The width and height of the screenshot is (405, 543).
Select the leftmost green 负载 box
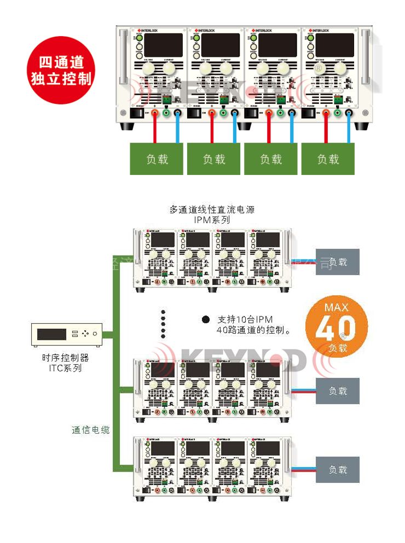pyautogui.click(x=157, y=159)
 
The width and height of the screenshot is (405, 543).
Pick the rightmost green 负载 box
pyautogui.click(x=328, y=159)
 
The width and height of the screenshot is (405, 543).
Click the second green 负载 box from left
pyautogui.click(x=214, y=159)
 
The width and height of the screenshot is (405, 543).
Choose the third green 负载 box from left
pyautogui.click(x=271, y=159)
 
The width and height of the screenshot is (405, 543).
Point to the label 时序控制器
pyautogui.click(x=65, y=358)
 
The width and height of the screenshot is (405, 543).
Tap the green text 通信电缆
pyautogui.click(x=91, y=430)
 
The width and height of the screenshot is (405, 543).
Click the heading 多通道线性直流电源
pyautogui.click(x=212, y=209)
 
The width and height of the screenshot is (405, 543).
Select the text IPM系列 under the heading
pyautogui.click(x=212, y=220)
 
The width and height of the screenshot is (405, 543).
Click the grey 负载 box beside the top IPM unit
pyautogui.click(x=338, y=261)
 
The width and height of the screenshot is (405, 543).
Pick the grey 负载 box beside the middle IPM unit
pyautogui.click(x=338, y=391)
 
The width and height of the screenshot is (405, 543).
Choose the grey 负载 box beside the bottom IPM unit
pyautogui.click(x=338, y=469)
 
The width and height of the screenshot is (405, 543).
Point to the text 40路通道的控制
pyautogui.click(x=253, y=330)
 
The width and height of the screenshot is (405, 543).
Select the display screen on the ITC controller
pyautogui.click(x=52, y=334)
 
